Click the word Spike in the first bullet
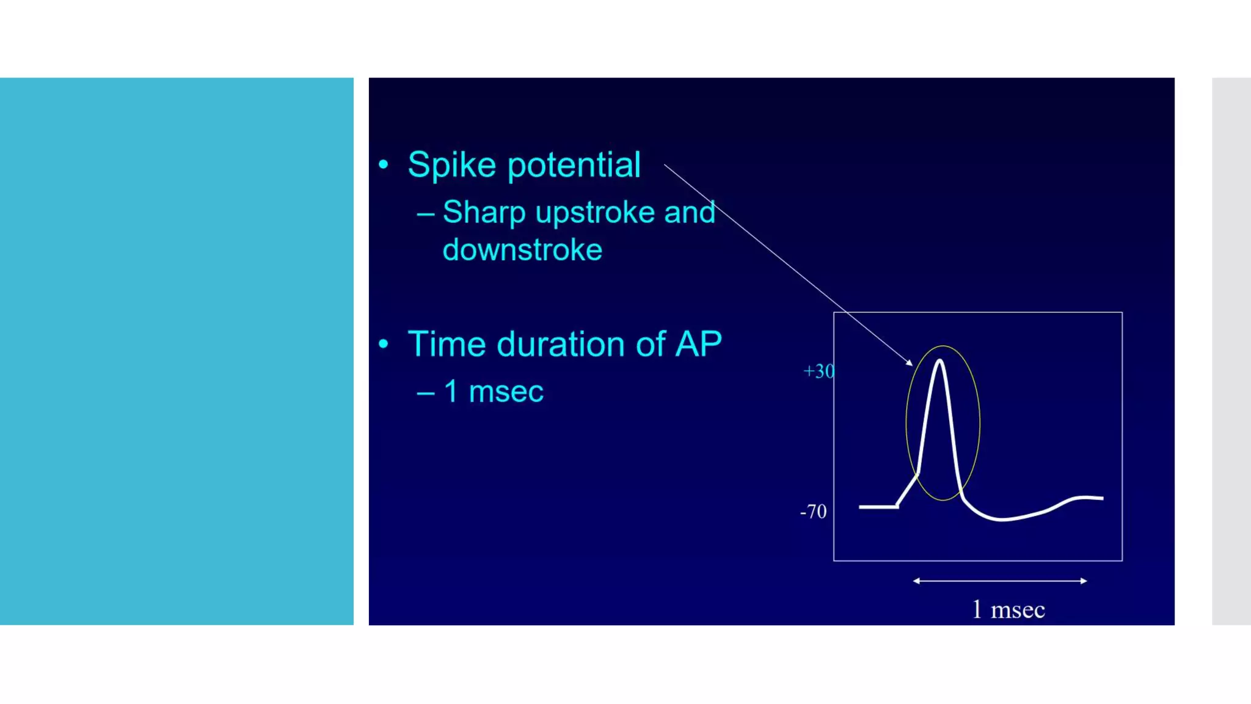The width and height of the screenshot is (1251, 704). tap(451, 165)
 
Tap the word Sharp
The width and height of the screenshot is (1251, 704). tap(484, 213)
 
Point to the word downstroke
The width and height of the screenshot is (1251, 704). tap(522, 250)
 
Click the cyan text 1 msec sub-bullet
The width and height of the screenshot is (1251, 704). tap(493, 391)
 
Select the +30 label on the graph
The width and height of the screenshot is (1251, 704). tap(819, 371)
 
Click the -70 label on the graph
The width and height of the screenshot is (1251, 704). tap(813, 512)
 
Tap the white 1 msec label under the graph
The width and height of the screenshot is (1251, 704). tap(1008, 610)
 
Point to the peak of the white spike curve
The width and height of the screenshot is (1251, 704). tap(939, 362)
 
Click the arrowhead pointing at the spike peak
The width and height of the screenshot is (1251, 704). tap(910, 363)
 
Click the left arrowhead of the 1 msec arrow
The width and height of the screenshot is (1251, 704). tap(916, 581)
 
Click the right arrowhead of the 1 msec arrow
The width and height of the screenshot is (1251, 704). tap(1084, 581)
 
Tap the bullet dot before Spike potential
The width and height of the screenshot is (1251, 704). tap(383, 164)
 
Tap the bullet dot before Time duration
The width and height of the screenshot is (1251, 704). tap(383, 344)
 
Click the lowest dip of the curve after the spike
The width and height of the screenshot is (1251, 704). tap(1002, 519)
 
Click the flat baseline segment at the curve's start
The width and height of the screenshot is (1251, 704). tap(878, 507)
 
